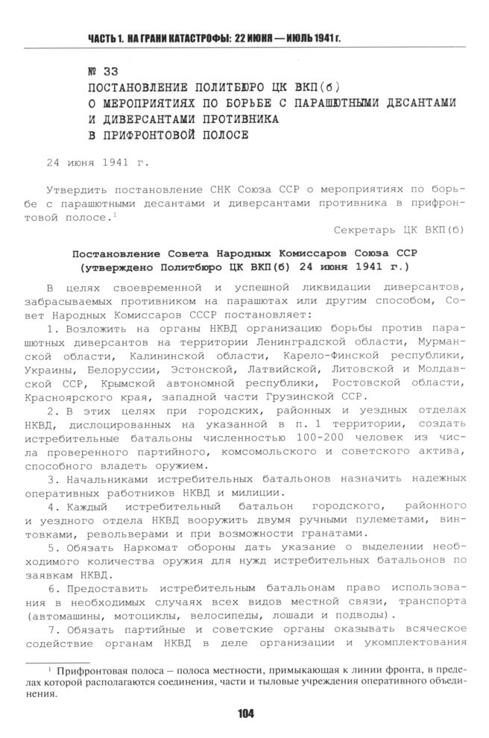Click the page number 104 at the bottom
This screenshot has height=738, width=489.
[245, 713]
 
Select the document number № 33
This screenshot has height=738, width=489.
[102, 72]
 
